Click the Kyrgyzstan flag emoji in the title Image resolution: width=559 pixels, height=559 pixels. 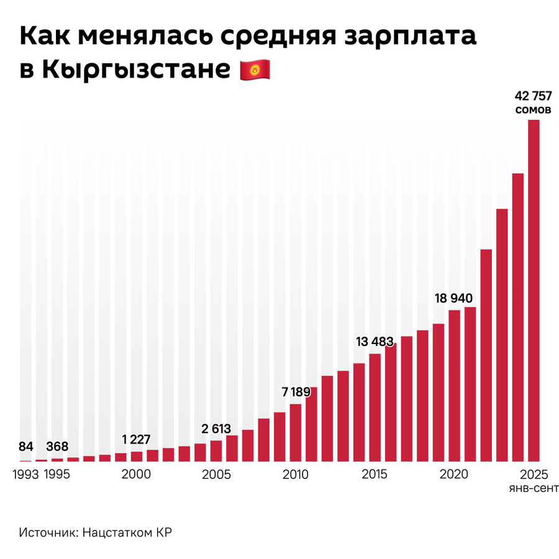click(255, 70)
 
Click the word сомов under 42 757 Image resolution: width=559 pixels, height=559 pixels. click(534, 110)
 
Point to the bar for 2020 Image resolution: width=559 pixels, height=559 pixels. click(454, 386)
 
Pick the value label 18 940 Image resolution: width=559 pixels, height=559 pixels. click(455, 299)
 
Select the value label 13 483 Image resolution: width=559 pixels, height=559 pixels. click(375, 342)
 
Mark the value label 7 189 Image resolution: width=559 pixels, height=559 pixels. click(296, 392)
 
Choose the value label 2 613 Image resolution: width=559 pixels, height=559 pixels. click(216, 429)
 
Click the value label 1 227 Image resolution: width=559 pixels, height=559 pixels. click(137, 440)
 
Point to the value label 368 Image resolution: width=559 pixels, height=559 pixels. click(57, 446)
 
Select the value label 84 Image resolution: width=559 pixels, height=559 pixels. click(25, 446)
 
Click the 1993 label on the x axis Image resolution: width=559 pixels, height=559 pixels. click(25, 475)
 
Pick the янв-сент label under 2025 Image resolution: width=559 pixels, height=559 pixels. click(534, 488)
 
